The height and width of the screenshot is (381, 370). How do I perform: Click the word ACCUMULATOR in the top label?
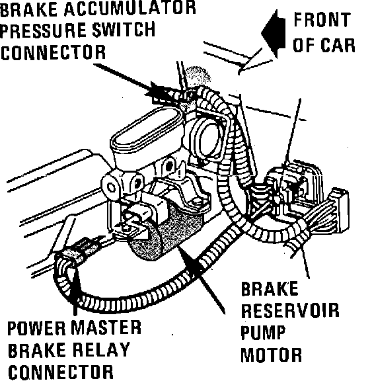(130, 8)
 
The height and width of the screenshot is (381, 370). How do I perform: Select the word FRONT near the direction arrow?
(322, 19)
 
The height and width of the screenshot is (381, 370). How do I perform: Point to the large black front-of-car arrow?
(273, 34)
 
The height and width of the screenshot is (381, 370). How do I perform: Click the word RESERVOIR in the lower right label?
(290, 310)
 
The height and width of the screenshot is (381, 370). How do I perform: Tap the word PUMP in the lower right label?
(263, 332)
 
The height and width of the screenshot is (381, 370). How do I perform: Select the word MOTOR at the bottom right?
(271, 355)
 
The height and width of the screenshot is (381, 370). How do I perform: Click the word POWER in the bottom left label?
(37, 328)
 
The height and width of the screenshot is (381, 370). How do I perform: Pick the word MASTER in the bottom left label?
(106, 327)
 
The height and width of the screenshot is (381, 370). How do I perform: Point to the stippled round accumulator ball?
(198, 76)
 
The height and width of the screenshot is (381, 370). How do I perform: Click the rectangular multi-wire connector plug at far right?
(339, 210)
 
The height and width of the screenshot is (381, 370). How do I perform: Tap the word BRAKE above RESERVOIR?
(270, 288)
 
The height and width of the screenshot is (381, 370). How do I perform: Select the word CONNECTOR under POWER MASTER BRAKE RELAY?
(61, 372)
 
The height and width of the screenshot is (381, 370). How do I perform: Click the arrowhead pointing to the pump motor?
(192, 264)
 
